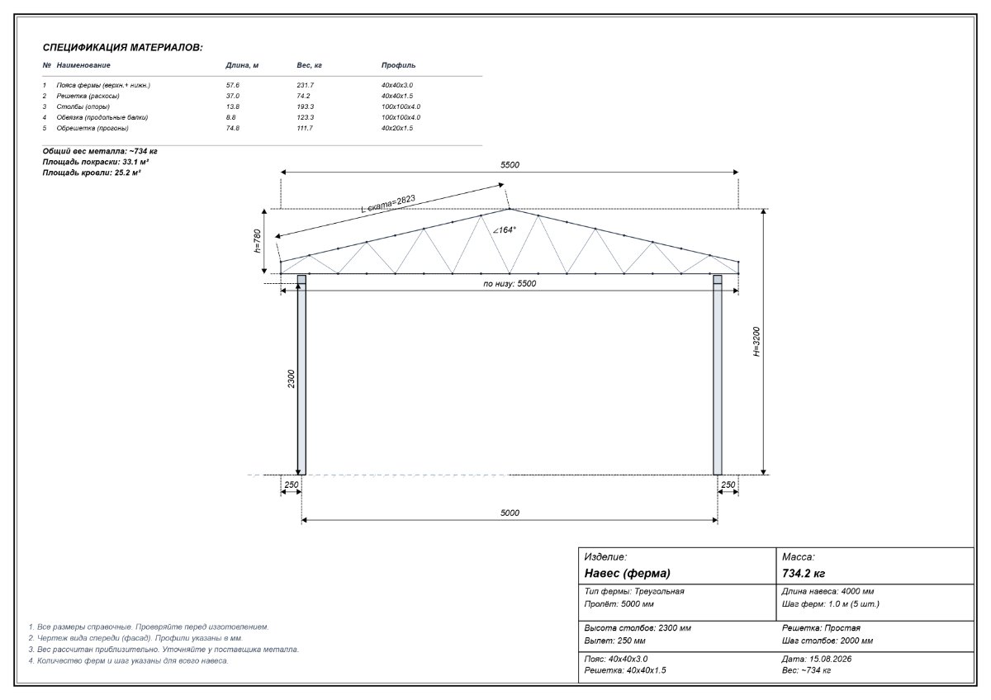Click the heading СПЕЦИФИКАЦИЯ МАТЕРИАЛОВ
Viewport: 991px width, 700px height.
point(122,47)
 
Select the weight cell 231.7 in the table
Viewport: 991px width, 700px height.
point(306,85)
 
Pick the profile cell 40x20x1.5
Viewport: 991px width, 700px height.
point(397,128)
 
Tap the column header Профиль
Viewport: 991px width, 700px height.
point(398,65)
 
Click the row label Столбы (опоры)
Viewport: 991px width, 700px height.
point(83,106)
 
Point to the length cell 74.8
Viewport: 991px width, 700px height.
point(233,128)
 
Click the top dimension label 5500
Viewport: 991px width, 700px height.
point(510,165)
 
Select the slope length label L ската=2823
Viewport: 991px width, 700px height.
point(388,204)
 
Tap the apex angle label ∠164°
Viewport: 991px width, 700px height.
point(505,230)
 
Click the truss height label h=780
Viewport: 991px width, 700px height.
point(257,241)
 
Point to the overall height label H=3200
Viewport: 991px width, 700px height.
point(756,342)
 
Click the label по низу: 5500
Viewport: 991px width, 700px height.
point(510,283)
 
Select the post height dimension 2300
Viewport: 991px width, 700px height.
point(291,379)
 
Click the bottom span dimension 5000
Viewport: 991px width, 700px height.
point(510,513)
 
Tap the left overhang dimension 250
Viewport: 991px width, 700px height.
point(291,485)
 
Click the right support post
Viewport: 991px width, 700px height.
point(717,375)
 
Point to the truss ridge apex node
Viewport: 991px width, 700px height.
point(510,209)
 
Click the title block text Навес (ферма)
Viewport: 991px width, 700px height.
point(627,574)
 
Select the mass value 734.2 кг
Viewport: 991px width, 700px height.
point(804,574)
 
